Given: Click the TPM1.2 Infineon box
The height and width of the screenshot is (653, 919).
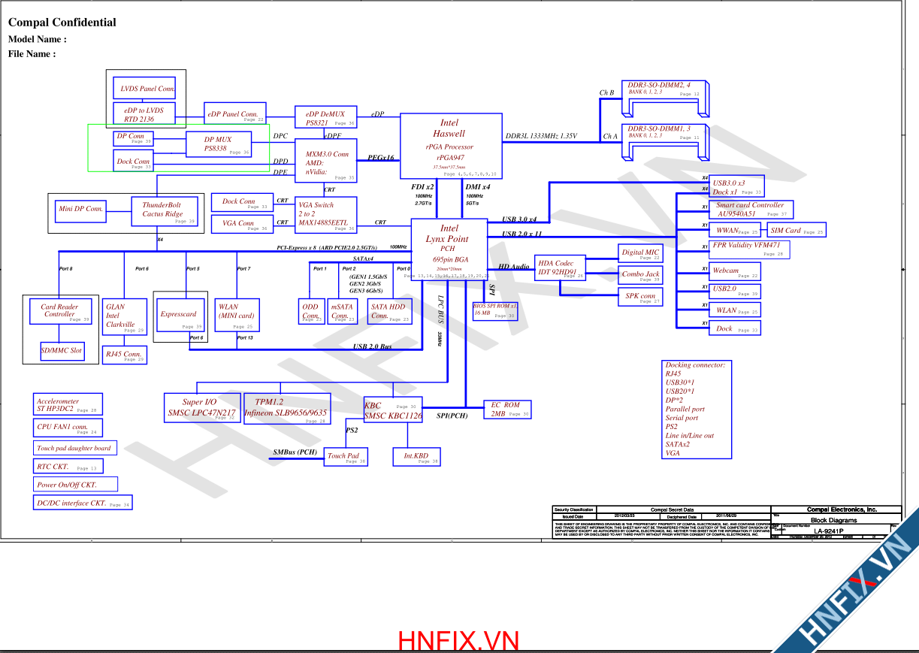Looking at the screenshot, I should [x=286, y=408].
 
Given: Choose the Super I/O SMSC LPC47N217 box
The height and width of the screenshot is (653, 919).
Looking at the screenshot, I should [x=201, y=408].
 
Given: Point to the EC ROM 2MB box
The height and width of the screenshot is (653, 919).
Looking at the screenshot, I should [x=506, y=410].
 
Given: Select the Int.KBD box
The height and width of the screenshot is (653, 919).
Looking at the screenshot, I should [x=416, y=457].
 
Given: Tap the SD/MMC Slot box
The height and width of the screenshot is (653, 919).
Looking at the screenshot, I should [x=62, y=351].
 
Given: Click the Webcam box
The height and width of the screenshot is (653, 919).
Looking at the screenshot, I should [x=734, y=271].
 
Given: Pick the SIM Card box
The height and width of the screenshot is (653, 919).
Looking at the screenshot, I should [x=796, y=231].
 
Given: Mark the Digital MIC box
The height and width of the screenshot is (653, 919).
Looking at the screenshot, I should [x=640, y=254].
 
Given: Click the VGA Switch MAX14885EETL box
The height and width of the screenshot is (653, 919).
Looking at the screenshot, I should [x=326, y=214].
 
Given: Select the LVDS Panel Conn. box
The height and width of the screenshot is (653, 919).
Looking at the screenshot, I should [x=144, y=88].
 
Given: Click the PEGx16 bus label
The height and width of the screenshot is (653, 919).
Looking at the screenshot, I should [x=382, y=158].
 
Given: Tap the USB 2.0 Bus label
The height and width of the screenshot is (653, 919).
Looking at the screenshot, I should [x=373, y=346].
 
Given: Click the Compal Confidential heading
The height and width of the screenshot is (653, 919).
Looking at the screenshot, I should [x=62, y=23].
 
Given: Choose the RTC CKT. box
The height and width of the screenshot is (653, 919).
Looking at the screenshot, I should [x=65, y=467].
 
